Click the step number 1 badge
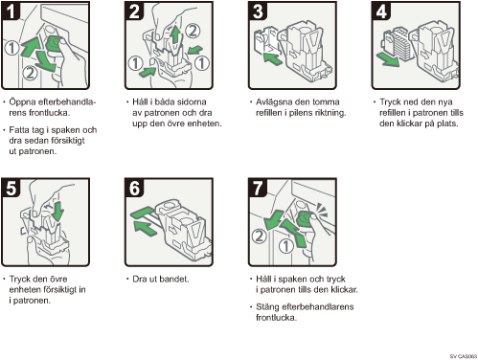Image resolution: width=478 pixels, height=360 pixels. click(11, 11)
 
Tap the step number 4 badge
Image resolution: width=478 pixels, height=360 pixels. click(381, 11)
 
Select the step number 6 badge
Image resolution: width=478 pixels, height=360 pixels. click(134, 188)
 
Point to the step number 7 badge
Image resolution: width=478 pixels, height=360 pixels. click(258, 188)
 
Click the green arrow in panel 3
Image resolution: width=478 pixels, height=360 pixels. click(273, 58)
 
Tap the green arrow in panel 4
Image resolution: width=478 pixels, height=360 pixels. click(388, 59)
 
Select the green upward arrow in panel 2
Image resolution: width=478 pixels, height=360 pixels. click(174, 34)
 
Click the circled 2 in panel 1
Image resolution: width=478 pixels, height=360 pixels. click(30, 73)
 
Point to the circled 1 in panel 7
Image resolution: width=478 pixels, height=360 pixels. click(286, 246)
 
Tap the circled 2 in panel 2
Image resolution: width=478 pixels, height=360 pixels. click(193, 31)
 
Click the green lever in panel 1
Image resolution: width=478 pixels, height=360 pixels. click(55, 44)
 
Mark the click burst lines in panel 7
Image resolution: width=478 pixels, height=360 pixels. click(322, 211)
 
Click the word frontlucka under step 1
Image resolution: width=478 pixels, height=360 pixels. click(49, 113)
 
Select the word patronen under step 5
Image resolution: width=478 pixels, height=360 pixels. click(32, 301)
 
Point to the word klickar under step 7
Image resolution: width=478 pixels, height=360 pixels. click(343, 289)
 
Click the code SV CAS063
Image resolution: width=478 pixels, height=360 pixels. click(464, 356)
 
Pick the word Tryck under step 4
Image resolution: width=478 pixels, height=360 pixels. click(390, 102)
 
